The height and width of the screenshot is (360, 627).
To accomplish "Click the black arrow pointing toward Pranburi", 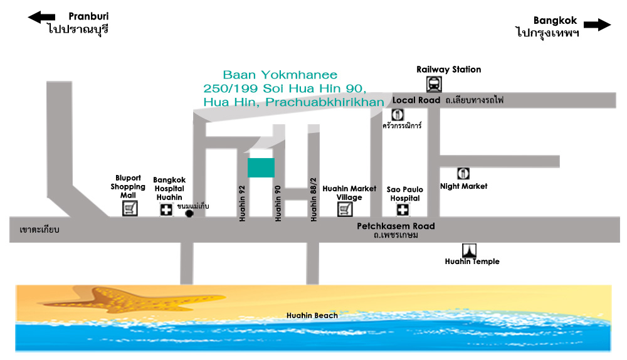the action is [x=41, y=17].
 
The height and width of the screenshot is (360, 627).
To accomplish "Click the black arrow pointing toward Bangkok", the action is [x=597, y=24].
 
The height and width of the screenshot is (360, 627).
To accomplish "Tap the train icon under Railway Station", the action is [x=434, y=85].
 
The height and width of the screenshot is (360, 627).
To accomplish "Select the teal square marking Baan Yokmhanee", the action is [x=261, y=167].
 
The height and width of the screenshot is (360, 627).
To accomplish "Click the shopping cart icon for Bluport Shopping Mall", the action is [x=130, y=208].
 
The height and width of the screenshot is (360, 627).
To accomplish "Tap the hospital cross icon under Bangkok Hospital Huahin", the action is [x=166, y=209].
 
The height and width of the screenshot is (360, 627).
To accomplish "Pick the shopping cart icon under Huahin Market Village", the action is [x=345, y=209].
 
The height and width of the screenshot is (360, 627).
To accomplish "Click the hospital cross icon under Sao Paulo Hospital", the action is [x=403, y=209].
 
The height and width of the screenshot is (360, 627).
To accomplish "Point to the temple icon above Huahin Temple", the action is [x=469, y=250].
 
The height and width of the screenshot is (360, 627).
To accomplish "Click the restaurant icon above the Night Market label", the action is [x=463, y=174].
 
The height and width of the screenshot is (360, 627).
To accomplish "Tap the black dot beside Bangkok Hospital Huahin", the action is [x=189, y=214].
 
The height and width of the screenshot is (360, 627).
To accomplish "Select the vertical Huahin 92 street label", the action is [x=242, y=203].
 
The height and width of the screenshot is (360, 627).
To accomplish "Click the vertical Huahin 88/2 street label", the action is [x=313, y=199].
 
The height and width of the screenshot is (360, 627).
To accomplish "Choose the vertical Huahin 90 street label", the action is [x=278, y=203].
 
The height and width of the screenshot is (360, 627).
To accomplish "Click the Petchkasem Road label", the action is [x=396, y=226].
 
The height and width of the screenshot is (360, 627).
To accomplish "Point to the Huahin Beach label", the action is [x=312, y=315].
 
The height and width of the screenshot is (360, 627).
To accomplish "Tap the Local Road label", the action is [x=416, y=100].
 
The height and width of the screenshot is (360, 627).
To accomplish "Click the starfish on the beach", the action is [x=130, y=300].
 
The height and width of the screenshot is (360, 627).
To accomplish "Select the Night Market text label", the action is [x=464, y=186].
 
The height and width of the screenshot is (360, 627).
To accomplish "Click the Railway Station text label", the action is [x=449, y=70].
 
